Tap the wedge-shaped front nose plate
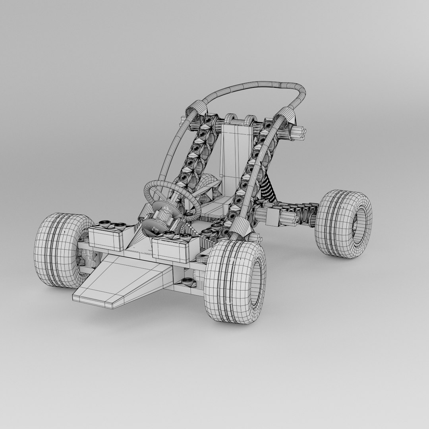119,282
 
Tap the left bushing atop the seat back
230,119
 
